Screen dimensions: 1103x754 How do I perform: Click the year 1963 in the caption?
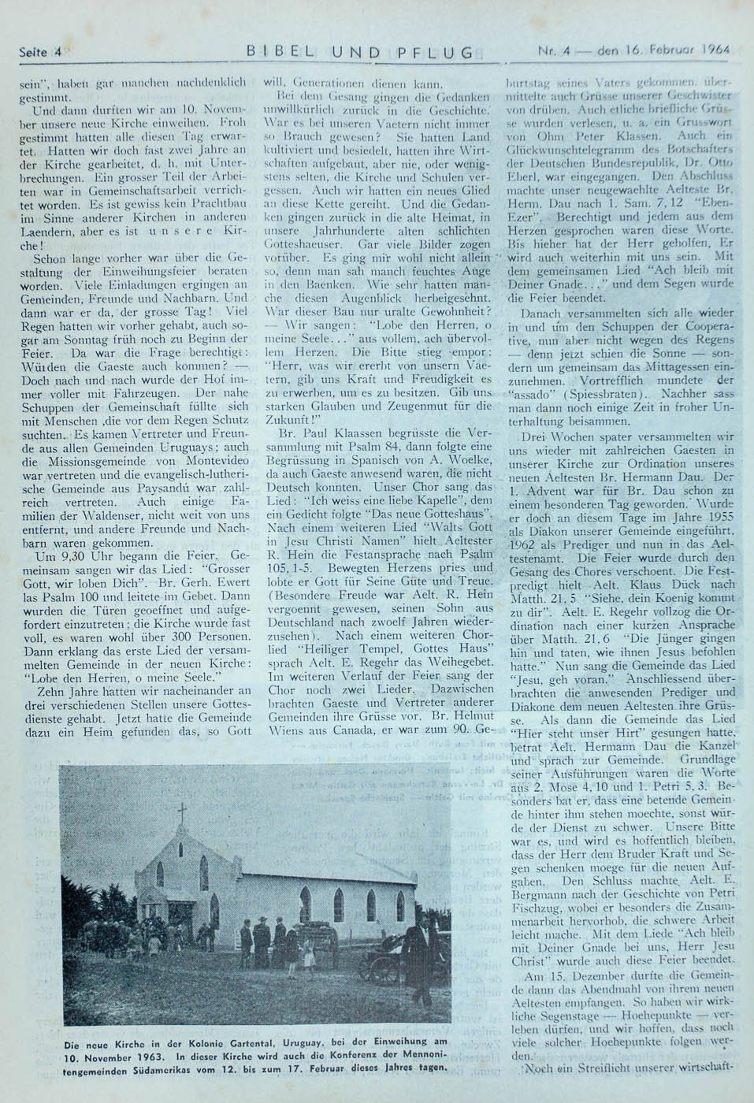pyautogui.click(x=147, y=1057)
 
